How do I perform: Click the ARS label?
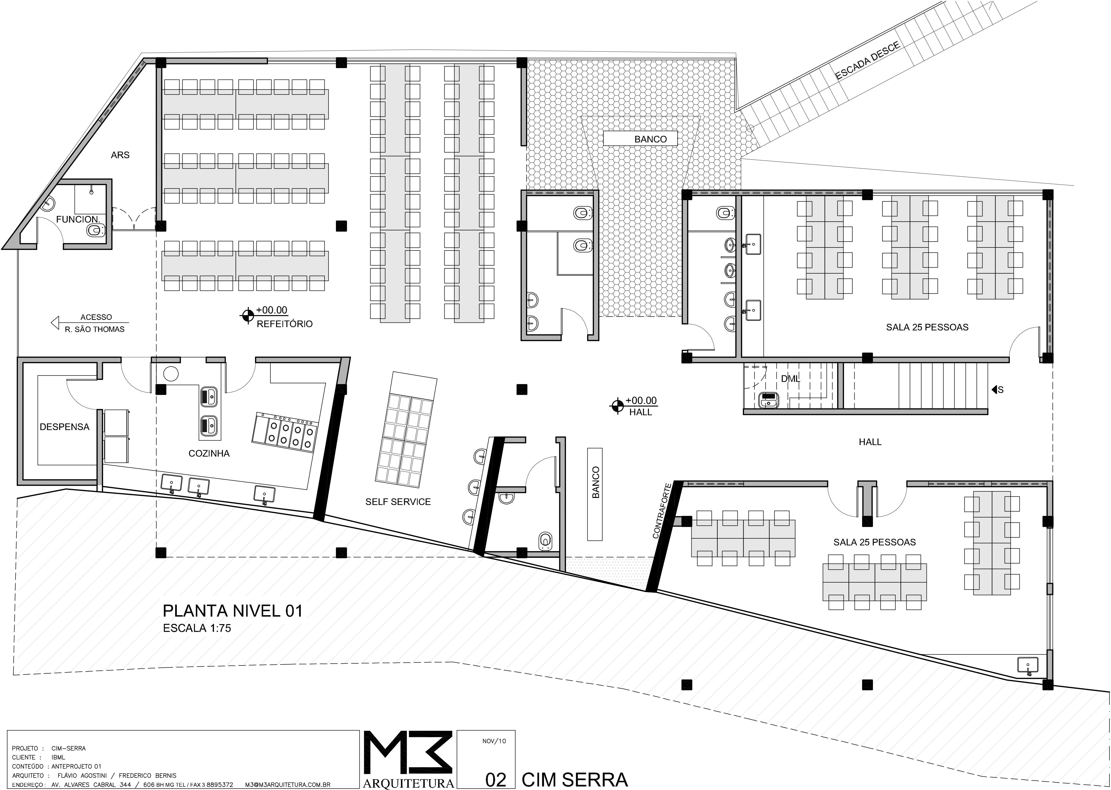coord(120,155)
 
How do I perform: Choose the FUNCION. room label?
coord(78,219)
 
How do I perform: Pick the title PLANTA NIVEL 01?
coord(232,611)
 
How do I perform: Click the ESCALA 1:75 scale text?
coord(197,628)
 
